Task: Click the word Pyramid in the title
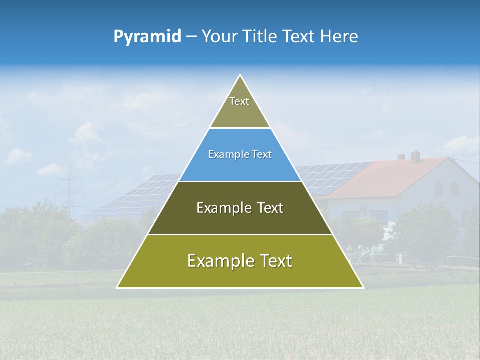147,37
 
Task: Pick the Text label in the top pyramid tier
239,101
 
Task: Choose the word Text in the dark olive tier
270,208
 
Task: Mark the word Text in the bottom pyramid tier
276,261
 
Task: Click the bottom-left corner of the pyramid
117,287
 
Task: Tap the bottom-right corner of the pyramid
363,287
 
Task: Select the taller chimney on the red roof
415,156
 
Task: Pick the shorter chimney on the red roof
401,157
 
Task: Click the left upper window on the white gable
438,189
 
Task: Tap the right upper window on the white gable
455,189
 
